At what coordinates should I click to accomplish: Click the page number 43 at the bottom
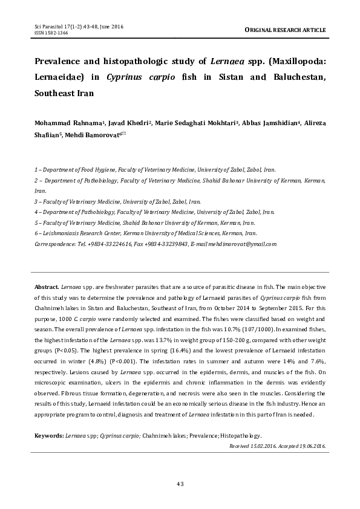pyautogui.click(x=180, y=483)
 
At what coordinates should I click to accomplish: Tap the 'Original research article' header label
pyautogui.click(x=285, y=30)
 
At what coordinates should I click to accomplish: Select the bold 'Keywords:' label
pyautogui.click(x=49, y=435)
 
